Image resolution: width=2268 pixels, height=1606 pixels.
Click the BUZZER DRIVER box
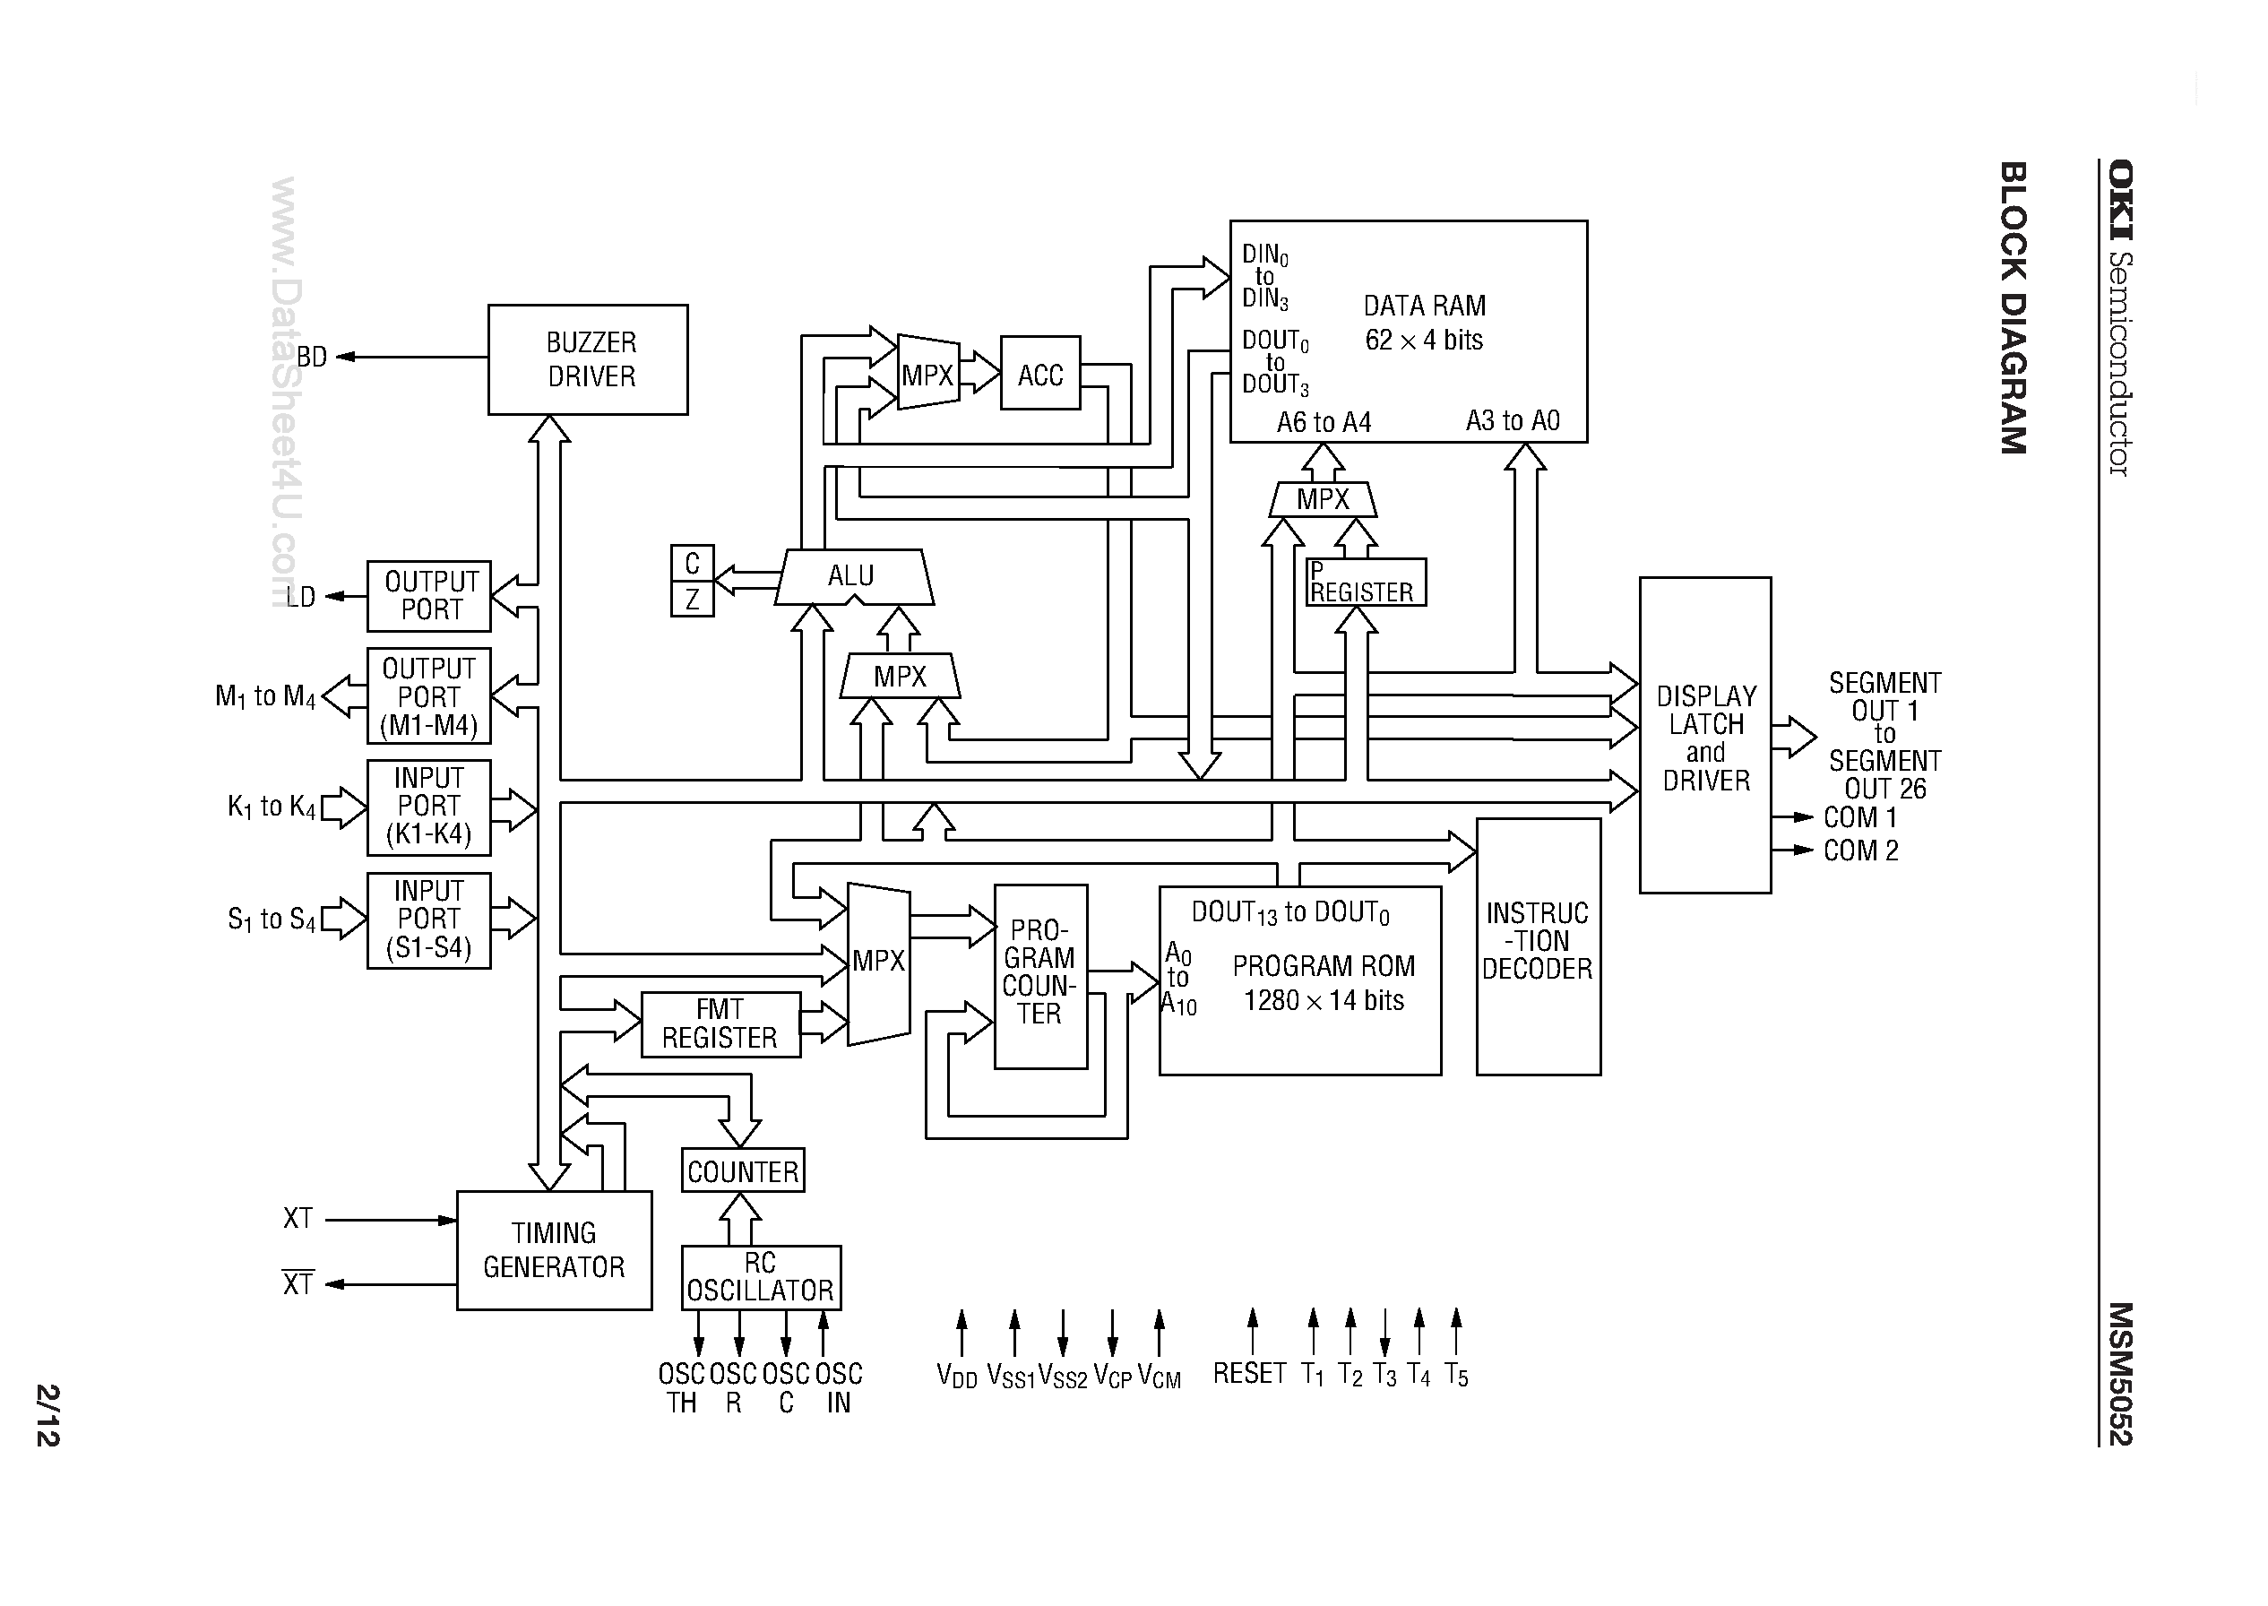point(587,359)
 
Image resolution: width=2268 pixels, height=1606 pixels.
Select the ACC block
point(1039,374)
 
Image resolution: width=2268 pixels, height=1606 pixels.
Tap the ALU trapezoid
point(852,576)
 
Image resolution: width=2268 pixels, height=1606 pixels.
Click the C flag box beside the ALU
point(692,563)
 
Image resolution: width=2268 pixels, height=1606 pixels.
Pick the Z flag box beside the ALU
point(692,599)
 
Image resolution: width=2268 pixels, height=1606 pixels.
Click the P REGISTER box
point(1365,583)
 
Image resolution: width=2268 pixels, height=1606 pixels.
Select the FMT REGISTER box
point(720,1024)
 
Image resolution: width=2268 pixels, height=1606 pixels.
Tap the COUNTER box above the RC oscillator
point(743,1170)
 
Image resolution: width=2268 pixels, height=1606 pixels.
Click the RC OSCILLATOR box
point(760,1277)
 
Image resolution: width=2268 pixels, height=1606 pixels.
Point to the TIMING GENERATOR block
point(554,1250)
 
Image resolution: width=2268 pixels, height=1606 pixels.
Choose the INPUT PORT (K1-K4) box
point(428,807)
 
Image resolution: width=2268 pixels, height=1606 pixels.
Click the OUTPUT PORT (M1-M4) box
point(428,696)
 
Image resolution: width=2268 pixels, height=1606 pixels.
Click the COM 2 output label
point(1859,850)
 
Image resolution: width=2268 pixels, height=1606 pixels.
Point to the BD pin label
point(312,357)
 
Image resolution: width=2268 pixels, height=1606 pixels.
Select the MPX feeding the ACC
point(927,374)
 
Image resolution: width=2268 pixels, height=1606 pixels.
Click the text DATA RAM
point(1424,306)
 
